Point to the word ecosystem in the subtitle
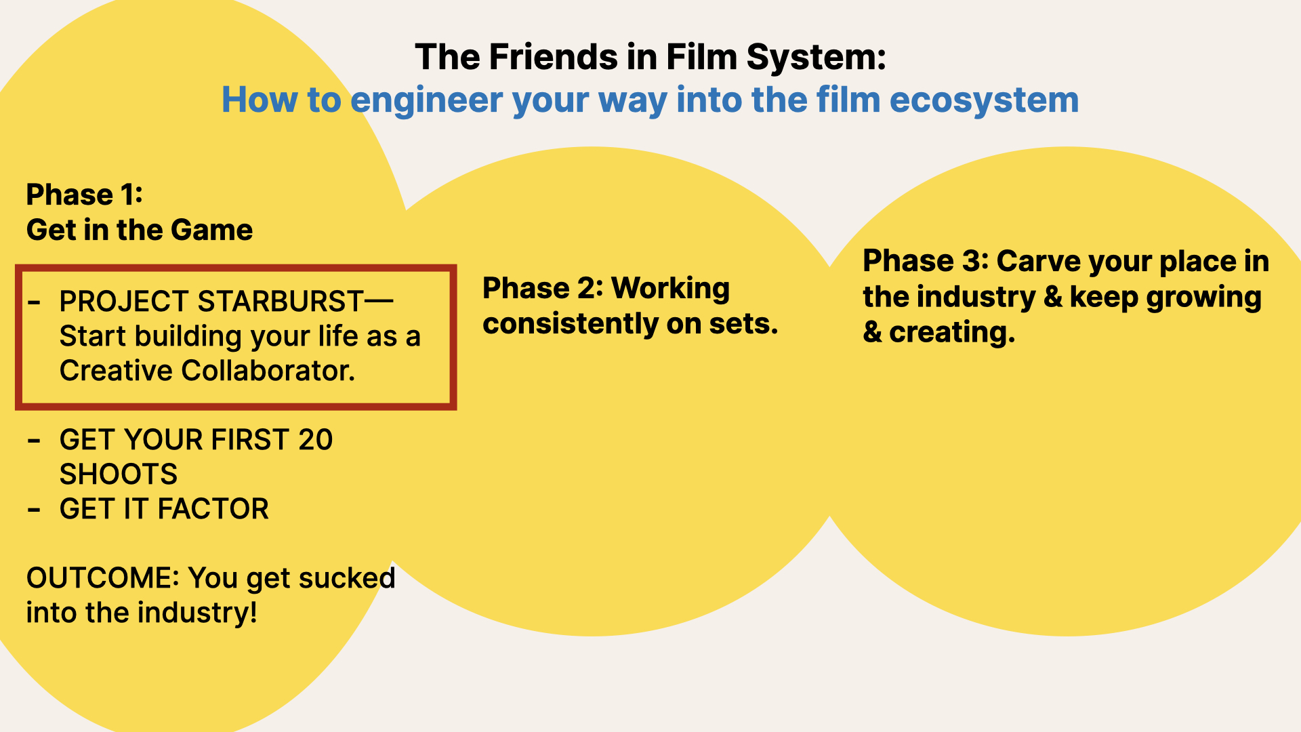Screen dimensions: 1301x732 [x=984, y=101]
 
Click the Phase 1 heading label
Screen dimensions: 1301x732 [x=85, y=195]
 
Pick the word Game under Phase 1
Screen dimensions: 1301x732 [x=211, y=230]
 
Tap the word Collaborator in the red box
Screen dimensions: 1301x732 [x=268, y=371]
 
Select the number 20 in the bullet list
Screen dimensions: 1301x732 [x=315, y=440]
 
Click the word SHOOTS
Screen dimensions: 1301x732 [x=119, y=474]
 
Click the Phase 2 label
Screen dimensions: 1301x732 [x=541, y=288]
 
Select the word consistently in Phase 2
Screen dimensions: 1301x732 [x=570, y=324]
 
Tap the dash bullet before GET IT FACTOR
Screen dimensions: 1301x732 [x=34, y=510]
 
